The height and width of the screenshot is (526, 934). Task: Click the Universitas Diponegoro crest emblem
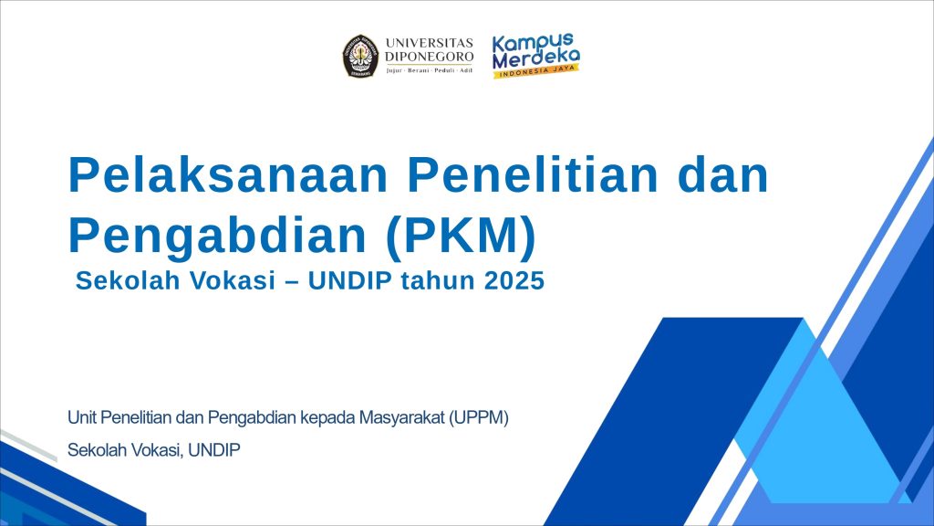360,56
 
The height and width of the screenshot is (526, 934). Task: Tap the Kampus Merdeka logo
536,56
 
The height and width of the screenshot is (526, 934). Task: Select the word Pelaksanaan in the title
228,174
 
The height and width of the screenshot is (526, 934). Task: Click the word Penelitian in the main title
533,174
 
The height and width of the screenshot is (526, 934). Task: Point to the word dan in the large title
723,174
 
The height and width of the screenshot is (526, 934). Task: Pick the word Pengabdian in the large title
217,236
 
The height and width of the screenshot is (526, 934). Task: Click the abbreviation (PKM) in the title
461,237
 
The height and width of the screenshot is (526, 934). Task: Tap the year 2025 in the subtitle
514,281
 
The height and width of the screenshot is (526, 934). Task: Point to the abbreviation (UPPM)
479,418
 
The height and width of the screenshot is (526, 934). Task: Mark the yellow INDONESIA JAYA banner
536,71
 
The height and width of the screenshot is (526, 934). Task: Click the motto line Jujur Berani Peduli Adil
429,70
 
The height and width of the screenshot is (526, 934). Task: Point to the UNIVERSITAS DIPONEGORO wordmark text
429,49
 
